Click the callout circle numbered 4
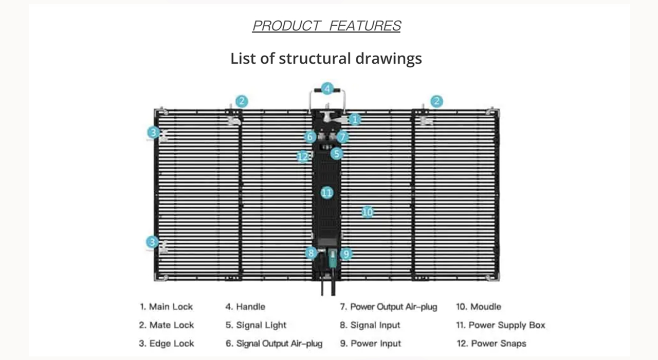[x=327, y=88]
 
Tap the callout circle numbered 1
[x=355, y=120]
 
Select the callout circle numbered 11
[x=327, y=193]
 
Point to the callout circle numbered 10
[x=367, y=211]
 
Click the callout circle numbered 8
[x=310, y=253]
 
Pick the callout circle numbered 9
[x=346, y=253]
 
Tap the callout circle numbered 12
[x=303, y=156]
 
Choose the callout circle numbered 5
[x=337, y=153]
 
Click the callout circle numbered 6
[x=309, y=137]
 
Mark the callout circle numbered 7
[x=343, y=137]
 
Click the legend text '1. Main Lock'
[x=166, y=307]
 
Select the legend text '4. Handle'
[x=245, y=307]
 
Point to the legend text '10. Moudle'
[x=479, y=307]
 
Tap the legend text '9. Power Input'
[x=370, y=344]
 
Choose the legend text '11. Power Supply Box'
[x=501, y=325]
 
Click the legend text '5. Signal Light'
[x=256, y=325]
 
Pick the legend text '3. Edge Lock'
[x=167, y=344]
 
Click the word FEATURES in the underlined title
[x=365, y=26]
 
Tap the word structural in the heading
[x=315, y=58]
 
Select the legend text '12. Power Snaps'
[x=491, y=344]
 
